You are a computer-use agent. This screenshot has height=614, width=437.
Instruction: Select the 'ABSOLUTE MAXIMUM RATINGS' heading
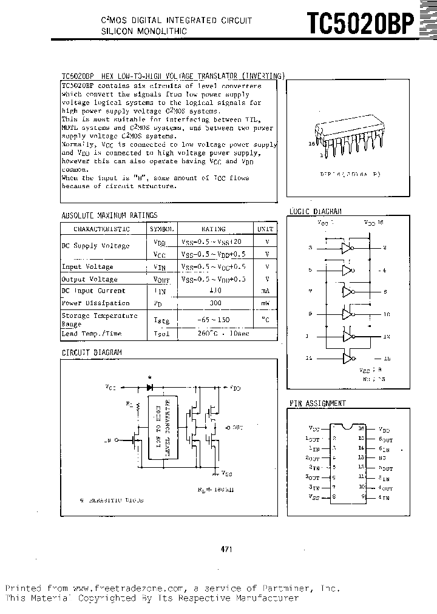point(110,215)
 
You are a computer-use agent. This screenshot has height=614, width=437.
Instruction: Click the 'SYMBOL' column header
point(162,229)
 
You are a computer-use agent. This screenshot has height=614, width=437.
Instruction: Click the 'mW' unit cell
point(265,303)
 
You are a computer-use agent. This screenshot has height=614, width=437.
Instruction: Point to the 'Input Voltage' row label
point(87,266)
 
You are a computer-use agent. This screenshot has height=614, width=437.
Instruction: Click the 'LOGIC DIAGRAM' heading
point(316,211)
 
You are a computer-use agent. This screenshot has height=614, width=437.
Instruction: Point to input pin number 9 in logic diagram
point(310,314)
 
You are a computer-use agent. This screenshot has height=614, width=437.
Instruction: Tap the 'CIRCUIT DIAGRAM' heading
point(92,353)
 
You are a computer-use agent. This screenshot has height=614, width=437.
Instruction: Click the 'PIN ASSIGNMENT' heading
point(318,403)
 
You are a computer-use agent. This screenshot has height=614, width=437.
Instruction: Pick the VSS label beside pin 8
point(313,496)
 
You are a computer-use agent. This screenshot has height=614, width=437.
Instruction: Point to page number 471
point(226,549)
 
